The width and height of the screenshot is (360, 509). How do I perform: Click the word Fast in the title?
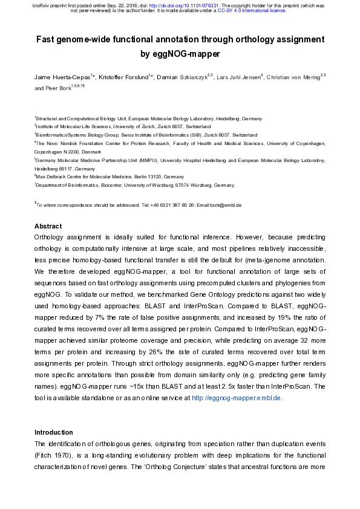[x=48, y=40]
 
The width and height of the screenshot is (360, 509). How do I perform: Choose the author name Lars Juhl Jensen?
[x=238, y=78]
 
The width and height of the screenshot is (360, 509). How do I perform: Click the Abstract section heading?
[x=48, y=226]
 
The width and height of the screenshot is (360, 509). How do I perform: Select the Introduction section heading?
[x=53, y=432]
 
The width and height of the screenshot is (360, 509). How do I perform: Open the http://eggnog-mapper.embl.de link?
[x=237, y=398]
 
